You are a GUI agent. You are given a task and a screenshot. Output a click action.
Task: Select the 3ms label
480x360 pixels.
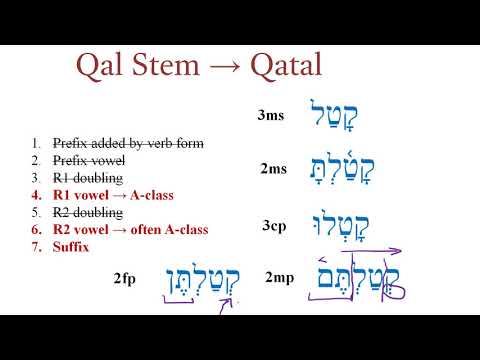pyautogui.click(x=271, y=116)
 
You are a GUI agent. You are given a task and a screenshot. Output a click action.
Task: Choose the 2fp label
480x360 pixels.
pyautogui.click(x=127, y=277)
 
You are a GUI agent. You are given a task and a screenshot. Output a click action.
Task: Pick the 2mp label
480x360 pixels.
pyautogui.click(x=280, y=277)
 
